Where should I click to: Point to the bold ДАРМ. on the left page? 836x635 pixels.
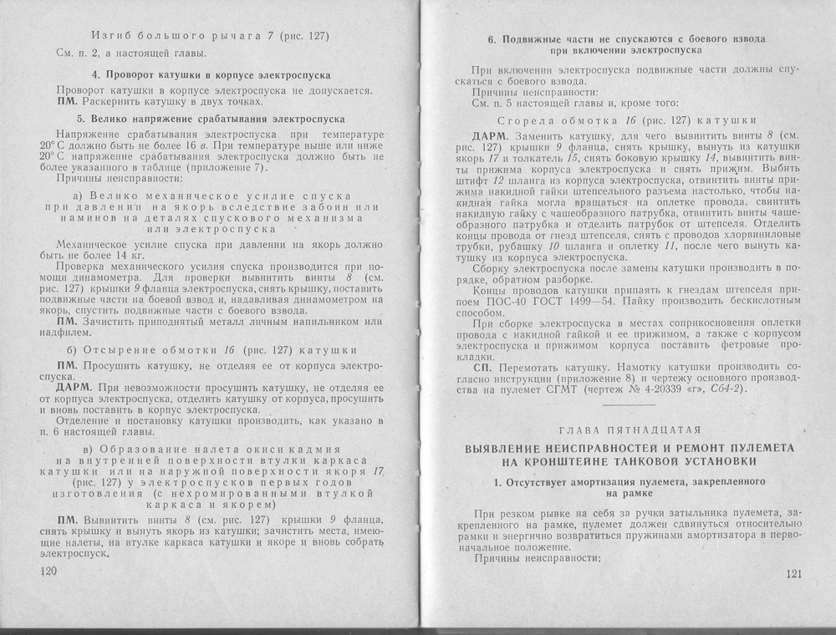pyautogui.click(x=74, y=388)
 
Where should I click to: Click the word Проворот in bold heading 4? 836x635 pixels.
pyautogui.click(x=130, y=75)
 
